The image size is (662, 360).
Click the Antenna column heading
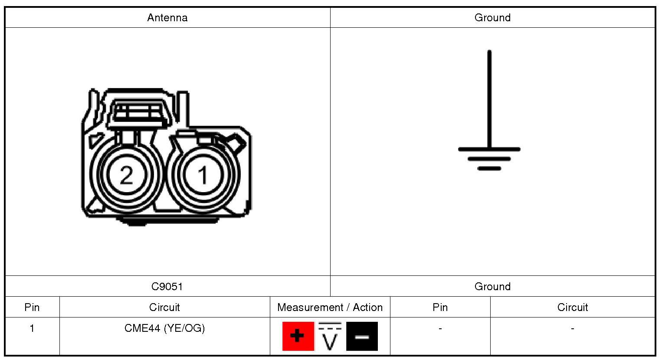click(167, 18)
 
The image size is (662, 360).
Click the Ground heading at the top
click(493, 18)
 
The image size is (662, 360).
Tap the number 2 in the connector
click(127, 175)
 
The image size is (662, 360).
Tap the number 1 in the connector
click(203, 175)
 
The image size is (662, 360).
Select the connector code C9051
click(167, 286)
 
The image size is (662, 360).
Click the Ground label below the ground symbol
click(493, 286)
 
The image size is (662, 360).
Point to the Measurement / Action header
click(330, 308)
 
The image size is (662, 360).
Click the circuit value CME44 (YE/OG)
click(164, 328)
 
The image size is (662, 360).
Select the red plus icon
click(298, 336)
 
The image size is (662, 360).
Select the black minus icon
click(362, 336)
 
